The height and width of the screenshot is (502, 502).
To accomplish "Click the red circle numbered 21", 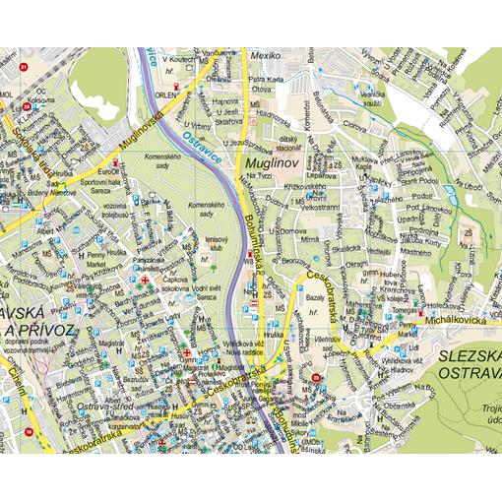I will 23,67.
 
